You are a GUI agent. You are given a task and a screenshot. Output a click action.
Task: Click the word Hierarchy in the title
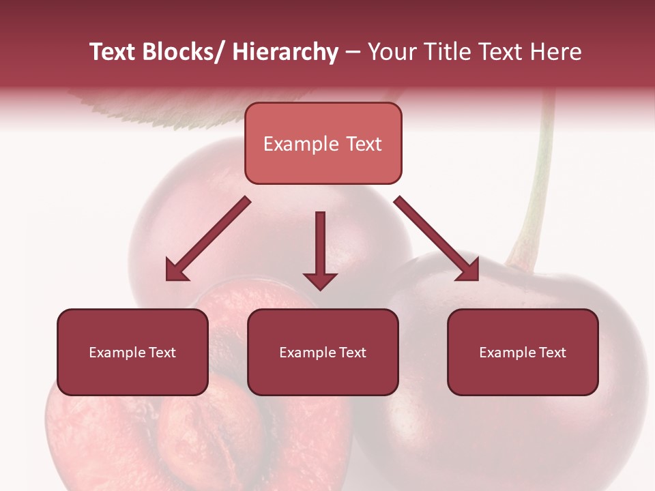coord(285,52)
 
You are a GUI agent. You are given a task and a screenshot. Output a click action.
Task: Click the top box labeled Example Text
coord(323,143)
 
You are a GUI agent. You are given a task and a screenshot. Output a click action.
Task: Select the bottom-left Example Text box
coord(132,352)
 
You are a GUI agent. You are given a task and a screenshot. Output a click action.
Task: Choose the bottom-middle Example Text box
coord(323,352)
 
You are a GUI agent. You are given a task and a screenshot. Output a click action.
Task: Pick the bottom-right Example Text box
coord(523,352)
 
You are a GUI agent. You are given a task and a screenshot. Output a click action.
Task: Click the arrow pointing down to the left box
coord(208,239)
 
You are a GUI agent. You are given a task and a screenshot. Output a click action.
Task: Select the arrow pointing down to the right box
coord(437,239)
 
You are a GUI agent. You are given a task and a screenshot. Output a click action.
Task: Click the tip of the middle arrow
coord(320,288)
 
